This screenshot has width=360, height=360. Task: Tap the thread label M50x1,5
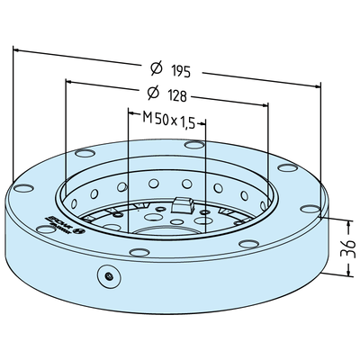click(168, 120)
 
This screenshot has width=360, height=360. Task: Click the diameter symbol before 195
click(155, 67)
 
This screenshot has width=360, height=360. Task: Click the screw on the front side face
click(108, 277)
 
